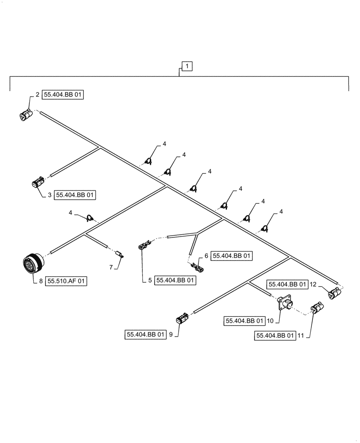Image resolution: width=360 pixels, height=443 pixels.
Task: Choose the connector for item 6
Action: (x=196, y=267)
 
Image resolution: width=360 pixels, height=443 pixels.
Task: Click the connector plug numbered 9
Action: (x=181, y=319)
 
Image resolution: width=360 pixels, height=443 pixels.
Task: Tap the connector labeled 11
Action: (x=316, y=308)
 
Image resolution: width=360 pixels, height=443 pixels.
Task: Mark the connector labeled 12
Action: (x=334, y=293)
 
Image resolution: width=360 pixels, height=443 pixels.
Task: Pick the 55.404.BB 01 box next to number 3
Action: (x=75, y=194)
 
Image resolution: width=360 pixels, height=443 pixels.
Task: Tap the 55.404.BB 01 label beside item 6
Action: (x=232, y=256)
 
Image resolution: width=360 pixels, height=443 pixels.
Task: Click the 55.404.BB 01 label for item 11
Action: (x=275, y=336)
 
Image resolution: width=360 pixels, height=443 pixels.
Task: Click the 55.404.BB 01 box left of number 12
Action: (x=287, y=284)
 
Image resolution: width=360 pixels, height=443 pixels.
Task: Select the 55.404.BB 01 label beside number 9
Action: (x=145, y=335)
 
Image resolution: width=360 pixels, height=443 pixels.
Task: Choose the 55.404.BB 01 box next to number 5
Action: (x=175, y=280)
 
